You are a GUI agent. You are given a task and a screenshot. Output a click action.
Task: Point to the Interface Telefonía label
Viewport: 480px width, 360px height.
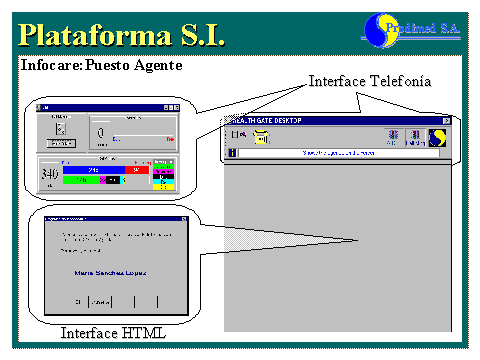[x=369, y=80]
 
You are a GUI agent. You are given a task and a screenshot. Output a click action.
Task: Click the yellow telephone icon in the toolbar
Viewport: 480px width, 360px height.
[x=262, y=138]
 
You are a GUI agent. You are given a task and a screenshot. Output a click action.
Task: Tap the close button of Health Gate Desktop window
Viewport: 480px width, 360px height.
[x=446, y=121]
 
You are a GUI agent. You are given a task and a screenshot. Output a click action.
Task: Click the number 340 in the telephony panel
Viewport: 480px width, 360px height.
[x=50, y=174]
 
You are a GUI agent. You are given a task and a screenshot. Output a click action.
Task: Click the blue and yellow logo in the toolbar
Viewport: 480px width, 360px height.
[x=438, y=138]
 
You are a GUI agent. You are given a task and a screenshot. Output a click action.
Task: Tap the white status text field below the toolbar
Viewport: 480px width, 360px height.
[x=340, y=153]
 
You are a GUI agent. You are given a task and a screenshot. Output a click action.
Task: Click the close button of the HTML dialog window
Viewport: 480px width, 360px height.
[x=185, y=217]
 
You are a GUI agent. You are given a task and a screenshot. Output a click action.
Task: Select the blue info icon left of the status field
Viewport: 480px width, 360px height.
[x=232, y=153]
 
